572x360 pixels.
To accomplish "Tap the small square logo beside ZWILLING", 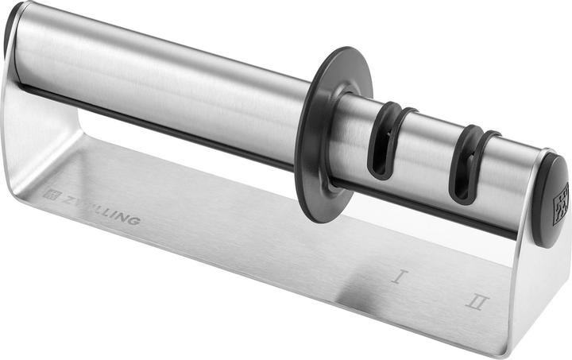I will [x=49, y=193].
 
